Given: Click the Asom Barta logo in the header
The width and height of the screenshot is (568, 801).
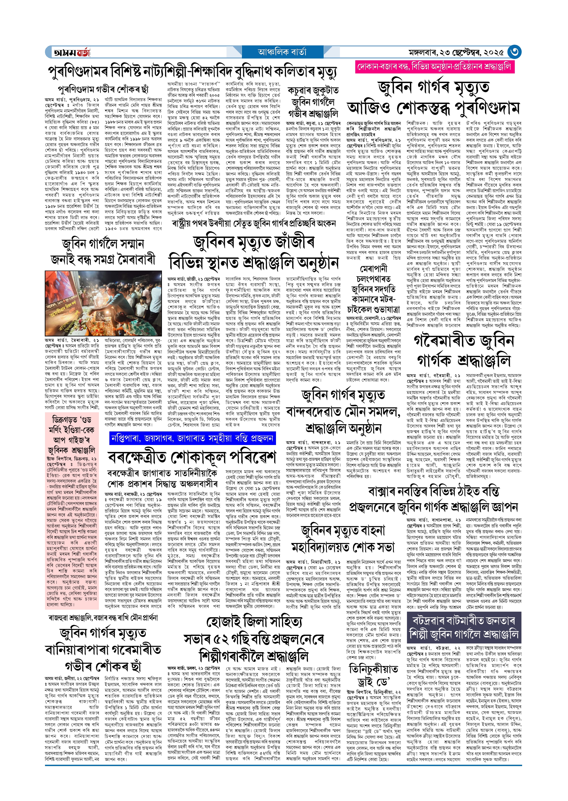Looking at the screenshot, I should click(x=71, y=52).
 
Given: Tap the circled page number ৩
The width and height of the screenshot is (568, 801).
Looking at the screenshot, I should click(x=515, y=52).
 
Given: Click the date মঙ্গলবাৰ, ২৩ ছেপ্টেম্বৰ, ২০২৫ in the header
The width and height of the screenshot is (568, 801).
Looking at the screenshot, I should click(x=456, y=52).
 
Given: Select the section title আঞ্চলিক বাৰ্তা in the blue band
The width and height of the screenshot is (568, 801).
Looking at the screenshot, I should click(x=282, y=52).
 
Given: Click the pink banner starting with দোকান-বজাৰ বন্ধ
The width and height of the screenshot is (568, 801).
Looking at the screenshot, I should click(x=434, y=67).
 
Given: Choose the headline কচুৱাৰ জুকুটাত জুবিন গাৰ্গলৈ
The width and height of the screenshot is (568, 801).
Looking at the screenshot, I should click(x=313, y=102).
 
